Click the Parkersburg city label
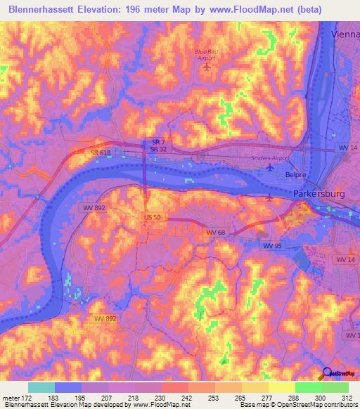pos(319,194)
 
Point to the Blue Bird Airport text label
pos(206,55)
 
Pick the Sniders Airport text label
pos(270,158)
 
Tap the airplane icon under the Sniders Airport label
pos(270,167)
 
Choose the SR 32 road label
pos(158,149)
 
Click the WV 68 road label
pos(215,232)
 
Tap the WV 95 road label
pos(272,245)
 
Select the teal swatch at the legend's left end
pos(41,387)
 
